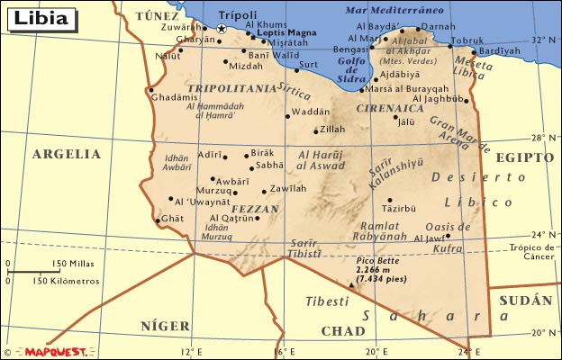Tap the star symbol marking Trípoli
click(x=222, y=29)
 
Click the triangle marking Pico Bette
click(x=350, y=284)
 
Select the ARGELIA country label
click(x=67, y=154)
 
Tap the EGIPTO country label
click(x=524, y=157)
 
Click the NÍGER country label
click(x=165, y=326)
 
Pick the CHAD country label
click(x=343, y=330)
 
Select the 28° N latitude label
click(x=539, y=139)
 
